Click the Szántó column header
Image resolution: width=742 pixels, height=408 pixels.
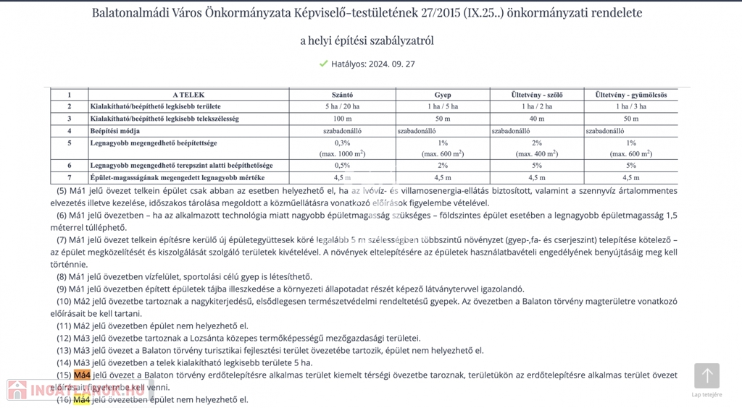(342, 95)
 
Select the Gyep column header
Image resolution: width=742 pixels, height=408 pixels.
(442, 95)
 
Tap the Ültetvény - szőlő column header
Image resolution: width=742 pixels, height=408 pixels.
(536, 95)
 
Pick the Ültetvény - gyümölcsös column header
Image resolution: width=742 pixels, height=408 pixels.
(630, 95)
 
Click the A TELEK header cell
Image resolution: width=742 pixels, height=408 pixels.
(188, 95)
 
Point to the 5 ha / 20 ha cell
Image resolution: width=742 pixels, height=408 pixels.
(342, 106)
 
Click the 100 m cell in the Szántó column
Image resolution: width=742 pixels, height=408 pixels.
(342, 118)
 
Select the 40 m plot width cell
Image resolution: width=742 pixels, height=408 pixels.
(536, 118)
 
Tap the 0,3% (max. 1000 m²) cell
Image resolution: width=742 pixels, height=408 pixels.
(342, 148)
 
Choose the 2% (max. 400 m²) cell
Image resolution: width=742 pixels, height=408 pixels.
(536, 148)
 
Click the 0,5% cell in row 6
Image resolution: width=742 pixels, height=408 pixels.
(342, 166)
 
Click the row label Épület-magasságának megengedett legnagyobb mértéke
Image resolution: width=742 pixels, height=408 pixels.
(178, 177)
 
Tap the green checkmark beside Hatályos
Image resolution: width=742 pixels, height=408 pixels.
(323, 64)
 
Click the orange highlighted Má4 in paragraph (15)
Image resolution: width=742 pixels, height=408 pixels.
(82, 375)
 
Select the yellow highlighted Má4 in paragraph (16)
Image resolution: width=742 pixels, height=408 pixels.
(82, 399)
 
